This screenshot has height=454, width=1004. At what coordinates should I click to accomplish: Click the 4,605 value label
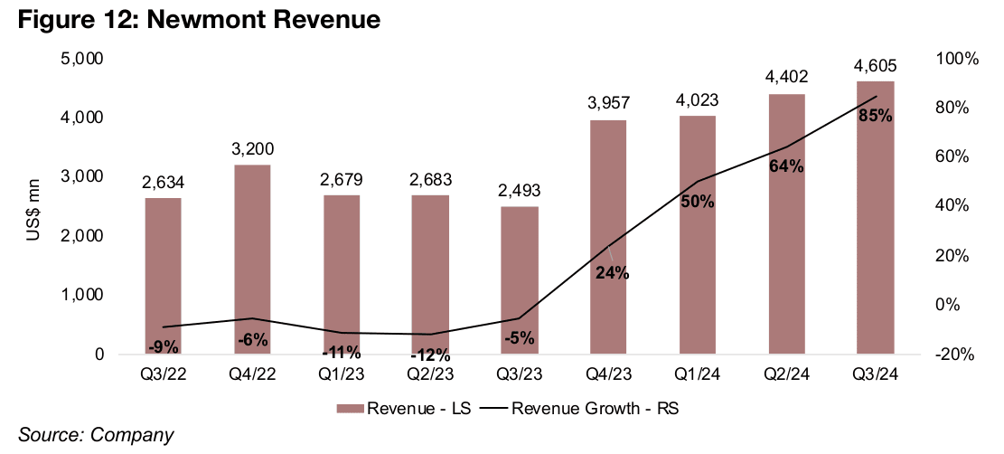point(876,67)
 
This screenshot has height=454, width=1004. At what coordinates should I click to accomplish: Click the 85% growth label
point(876,115)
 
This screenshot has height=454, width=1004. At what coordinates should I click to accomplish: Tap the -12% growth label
point(429,355)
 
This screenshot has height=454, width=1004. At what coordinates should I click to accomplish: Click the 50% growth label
point(698,202)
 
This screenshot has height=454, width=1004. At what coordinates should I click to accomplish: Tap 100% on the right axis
point(955,59)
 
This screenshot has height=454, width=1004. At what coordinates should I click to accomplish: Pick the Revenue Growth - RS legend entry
point(582,408)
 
